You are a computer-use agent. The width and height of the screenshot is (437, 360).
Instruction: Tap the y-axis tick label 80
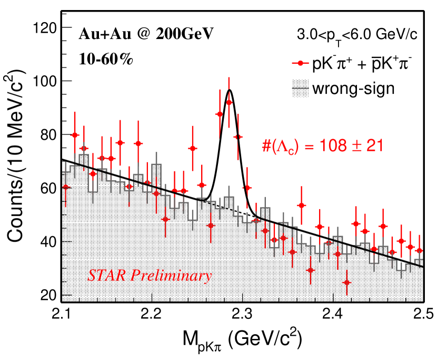[x=47, y=134]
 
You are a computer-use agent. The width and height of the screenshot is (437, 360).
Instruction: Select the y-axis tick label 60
[x=47, y=188]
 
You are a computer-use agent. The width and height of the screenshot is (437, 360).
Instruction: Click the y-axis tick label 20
[x=47, y=295]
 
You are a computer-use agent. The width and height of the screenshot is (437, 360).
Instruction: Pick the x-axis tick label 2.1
[x=62, y=316]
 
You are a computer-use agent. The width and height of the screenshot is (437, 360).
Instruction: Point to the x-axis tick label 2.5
[x=419, y=316]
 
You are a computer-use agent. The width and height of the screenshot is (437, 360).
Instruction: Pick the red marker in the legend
[x=301, y=64]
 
